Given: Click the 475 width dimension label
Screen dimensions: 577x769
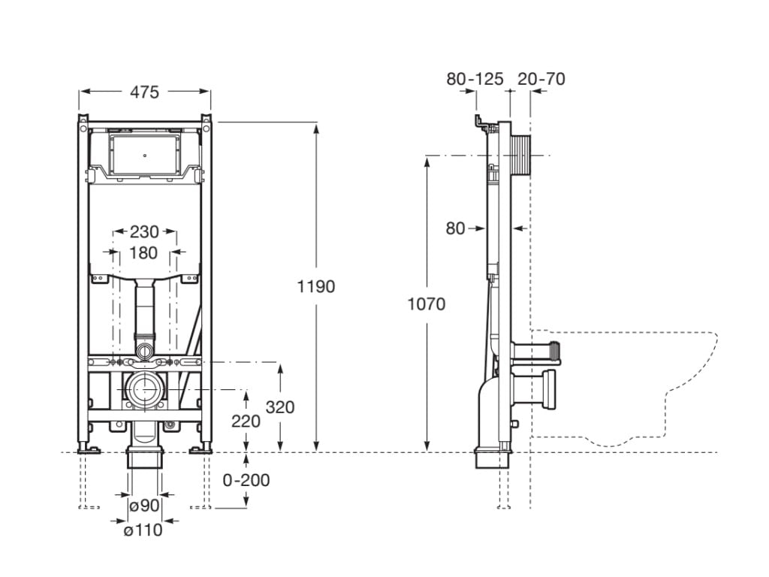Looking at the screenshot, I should [144, 92].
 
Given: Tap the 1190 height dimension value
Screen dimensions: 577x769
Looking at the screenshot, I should [316, 286].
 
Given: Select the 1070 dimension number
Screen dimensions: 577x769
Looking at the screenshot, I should [426, 304].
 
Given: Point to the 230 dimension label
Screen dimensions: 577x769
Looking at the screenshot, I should [144, 232].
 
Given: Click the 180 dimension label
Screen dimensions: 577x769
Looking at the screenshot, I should [144, 252].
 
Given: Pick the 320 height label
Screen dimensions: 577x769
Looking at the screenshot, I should [280, 407].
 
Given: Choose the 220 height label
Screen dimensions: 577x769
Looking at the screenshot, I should [246, 421].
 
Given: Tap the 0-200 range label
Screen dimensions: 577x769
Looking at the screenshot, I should [247, 480].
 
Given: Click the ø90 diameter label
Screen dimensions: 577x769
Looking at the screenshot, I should [144, 506].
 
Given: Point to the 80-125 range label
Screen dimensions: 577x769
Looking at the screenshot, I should [475, 78].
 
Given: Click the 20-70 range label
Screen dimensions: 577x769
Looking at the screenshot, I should [541, 78].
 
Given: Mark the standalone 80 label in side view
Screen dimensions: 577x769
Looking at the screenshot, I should [456, 228].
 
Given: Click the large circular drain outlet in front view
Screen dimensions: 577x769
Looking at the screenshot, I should [145, 391].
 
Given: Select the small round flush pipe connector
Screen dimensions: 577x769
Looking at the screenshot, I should [145, 349].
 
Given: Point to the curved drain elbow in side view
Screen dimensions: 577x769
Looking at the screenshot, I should [488, 406].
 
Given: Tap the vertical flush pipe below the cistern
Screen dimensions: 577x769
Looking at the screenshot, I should [144, 308].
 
